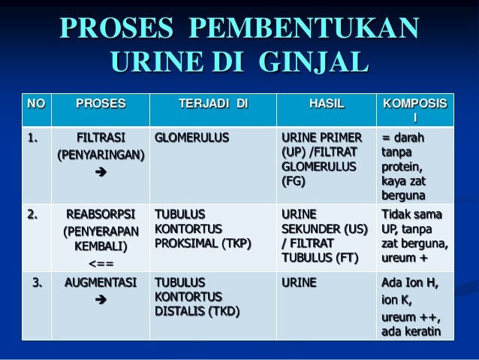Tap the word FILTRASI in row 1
coord(101,138)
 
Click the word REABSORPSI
coord(101,214)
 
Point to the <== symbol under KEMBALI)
coord(101,264)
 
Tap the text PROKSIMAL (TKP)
coord(203,244)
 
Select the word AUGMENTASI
coord(101,284)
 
